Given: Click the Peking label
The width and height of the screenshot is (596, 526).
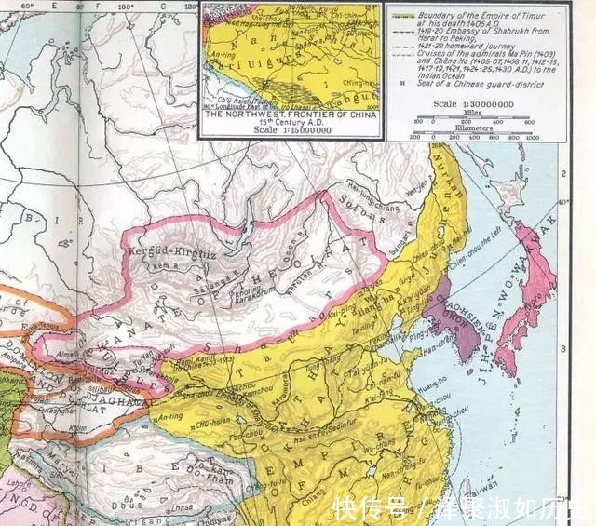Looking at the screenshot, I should tap(381, 345).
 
